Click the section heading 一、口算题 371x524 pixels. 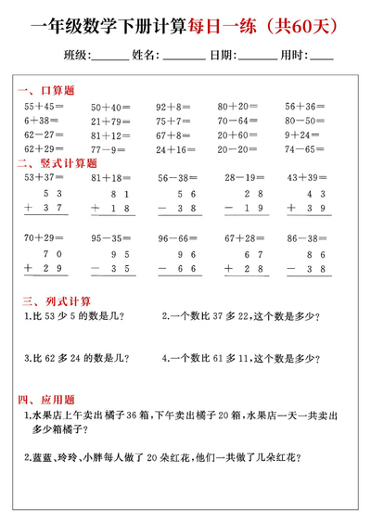(45, 91)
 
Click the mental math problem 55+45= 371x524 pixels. (45, 107)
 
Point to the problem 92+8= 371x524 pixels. (173, 107)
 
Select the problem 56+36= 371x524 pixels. (305, 107)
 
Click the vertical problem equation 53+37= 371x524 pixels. (45, 176)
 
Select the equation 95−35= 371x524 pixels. (109, 237)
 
